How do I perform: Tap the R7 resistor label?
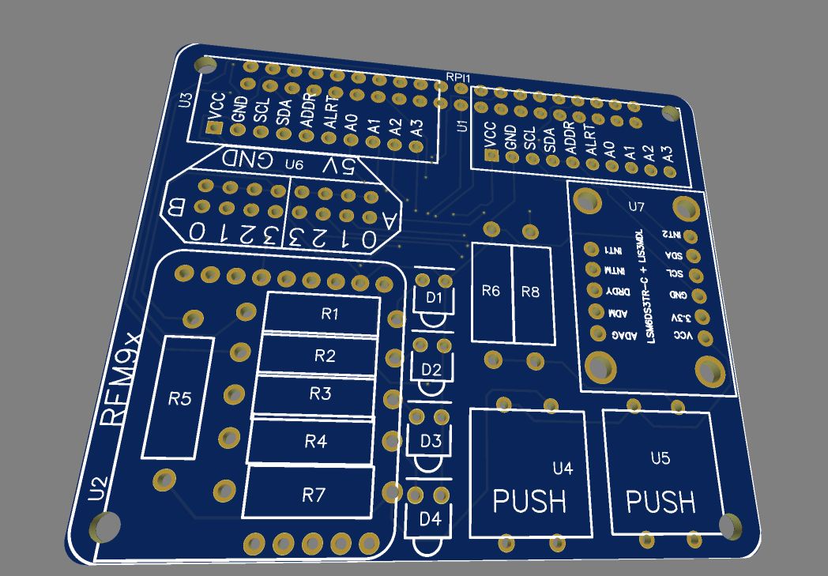pos(314,495)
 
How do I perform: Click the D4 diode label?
pos(430,519)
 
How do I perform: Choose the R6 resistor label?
pos(491,291)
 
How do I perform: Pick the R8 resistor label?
pos(530,292)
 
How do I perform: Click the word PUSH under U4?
pos(529,501)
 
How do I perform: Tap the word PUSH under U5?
pos(661,501)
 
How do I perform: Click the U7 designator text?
pos(637,207)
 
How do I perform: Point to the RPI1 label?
pos(458,77)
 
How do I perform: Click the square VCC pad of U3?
pos(212,128)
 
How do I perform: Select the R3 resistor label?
pos(320,393)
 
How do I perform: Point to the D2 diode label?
pos(431,369)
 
